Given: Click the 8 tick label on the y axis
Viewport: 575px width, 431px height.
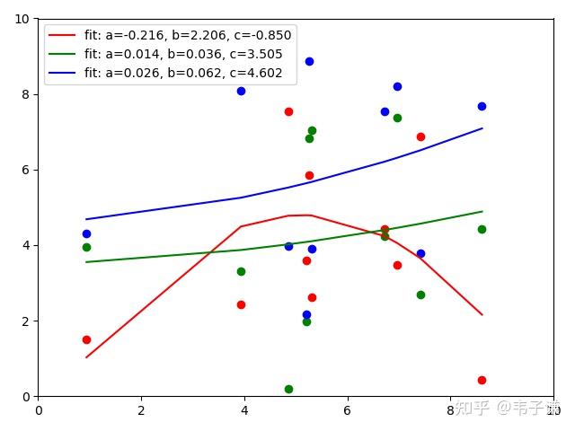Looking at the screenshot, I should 26,94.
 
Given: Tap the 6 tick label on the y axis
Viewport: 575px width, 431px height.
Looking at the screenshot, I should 26,170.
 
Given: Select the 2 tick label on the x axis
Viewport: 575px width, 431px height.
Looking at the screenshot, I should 141,410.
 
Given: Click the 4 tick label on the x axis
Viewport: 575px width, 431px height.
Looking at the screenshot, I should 244,410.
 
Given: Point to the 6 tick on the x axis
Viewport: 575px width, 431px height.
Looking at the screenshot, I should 347,410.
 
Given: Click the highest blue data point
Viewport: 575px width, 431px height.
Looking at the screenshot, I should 309,61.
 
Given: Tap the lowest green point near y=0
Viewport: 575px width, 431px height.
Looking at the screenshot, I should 288,389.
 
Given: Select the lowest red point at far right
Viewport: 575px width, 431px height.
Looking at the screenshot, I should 482,380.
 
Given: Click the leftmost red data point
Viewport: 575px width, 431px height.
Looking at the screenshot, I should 86,339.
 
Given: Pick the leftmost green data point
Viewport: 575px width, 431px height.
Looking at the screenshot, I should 86,247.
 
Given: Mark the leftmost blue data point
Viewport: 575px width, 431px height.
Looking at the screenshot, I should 86,233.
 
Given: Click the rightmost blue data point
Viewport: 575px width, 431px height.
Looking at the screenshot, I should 482,106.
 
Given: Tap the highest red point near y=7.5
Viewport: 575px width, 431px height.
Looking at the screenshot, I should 288,111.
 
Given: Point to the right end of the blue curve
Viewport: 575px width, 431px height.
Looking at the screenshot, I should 482,128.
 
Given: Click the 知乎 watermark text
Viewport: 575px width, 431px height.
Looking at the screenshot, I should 473,408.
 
